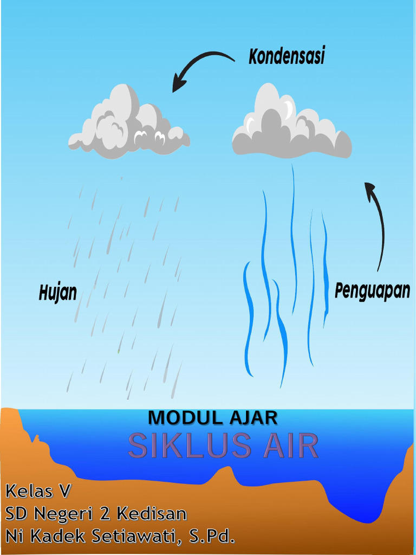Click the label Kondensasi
(x=287, y=56)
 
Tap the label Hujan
(x=57, y=293)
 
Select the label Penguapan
(x=372, y=291)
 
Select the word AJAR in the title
(x=253, y=418)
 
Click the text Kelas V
(x=38, y=492)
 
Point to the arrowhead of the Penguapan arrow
(x=369, y=188)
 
